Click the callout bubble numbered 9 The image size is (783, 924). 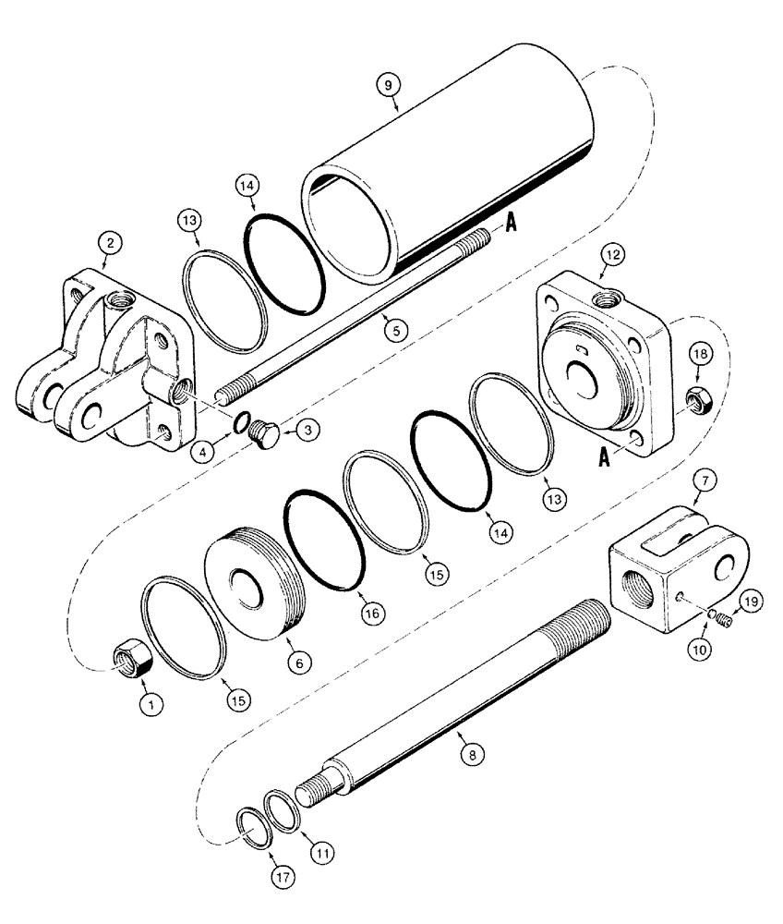[390, 84]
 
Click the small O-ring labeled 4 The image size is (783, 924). [239, 422]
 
